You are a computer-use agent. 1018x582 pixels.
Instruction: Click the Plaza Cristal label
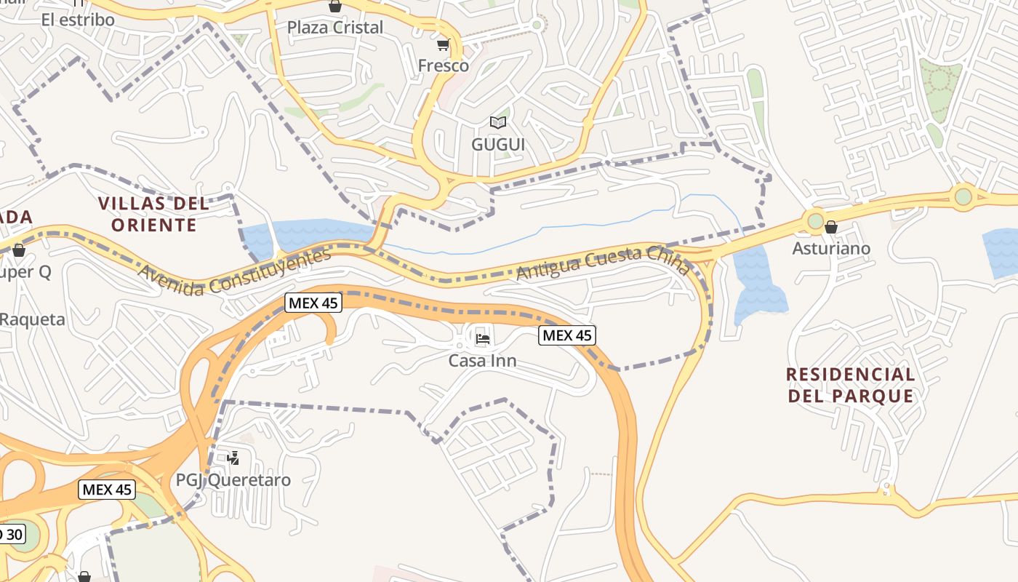click(x=334, y=28)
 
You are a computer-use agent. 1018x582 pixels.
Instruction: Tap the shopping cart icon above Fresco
click(x=443, y=45)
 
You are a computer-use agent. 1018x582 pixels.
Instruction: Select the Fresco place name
click(x=443, y=65)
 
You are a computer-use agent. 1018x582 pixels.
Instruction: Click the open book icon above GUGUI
click(x=497, y=122)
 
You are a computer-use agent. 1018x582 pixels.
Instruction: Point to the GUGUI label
click(x=497, y=144)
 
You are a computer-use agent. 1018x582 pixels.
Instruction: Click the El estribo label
click(x=78, y=20)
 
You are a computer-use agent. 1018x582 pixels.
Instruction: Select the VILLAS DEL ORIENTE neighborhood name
click(x=154, y=214)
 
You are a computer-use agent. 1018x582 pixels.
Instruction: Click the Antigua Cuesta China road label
click(x=603, y=263)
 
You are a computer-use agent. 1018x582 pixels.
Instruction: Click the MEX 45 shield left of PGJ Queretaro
click(x=107, y=490)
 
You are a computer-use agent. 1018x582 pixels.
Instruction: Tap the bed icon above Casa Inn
click(x=482, y=338)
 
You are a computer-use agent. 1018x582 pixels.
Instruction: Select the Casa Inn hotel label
click(x=482, y=360)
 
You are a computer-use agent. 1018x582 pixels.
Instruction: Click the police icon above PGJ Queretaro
click(x=233, y=458)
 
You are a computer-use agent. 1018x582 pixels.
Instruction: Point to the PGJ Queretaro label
click(x=233, y=480)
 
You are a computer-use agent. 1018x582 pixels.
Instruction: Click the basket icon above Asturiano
click(x=831, y=227)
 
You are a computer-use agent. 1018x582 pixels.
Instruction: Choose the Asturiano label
click(x=831, y=249)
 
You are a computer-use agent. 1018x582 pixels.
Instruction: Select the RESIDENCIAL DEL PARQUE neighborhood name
click(x=850, y=385)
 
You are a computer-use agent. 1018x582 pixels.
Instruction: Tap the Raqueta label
click(x=33, y=319)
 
